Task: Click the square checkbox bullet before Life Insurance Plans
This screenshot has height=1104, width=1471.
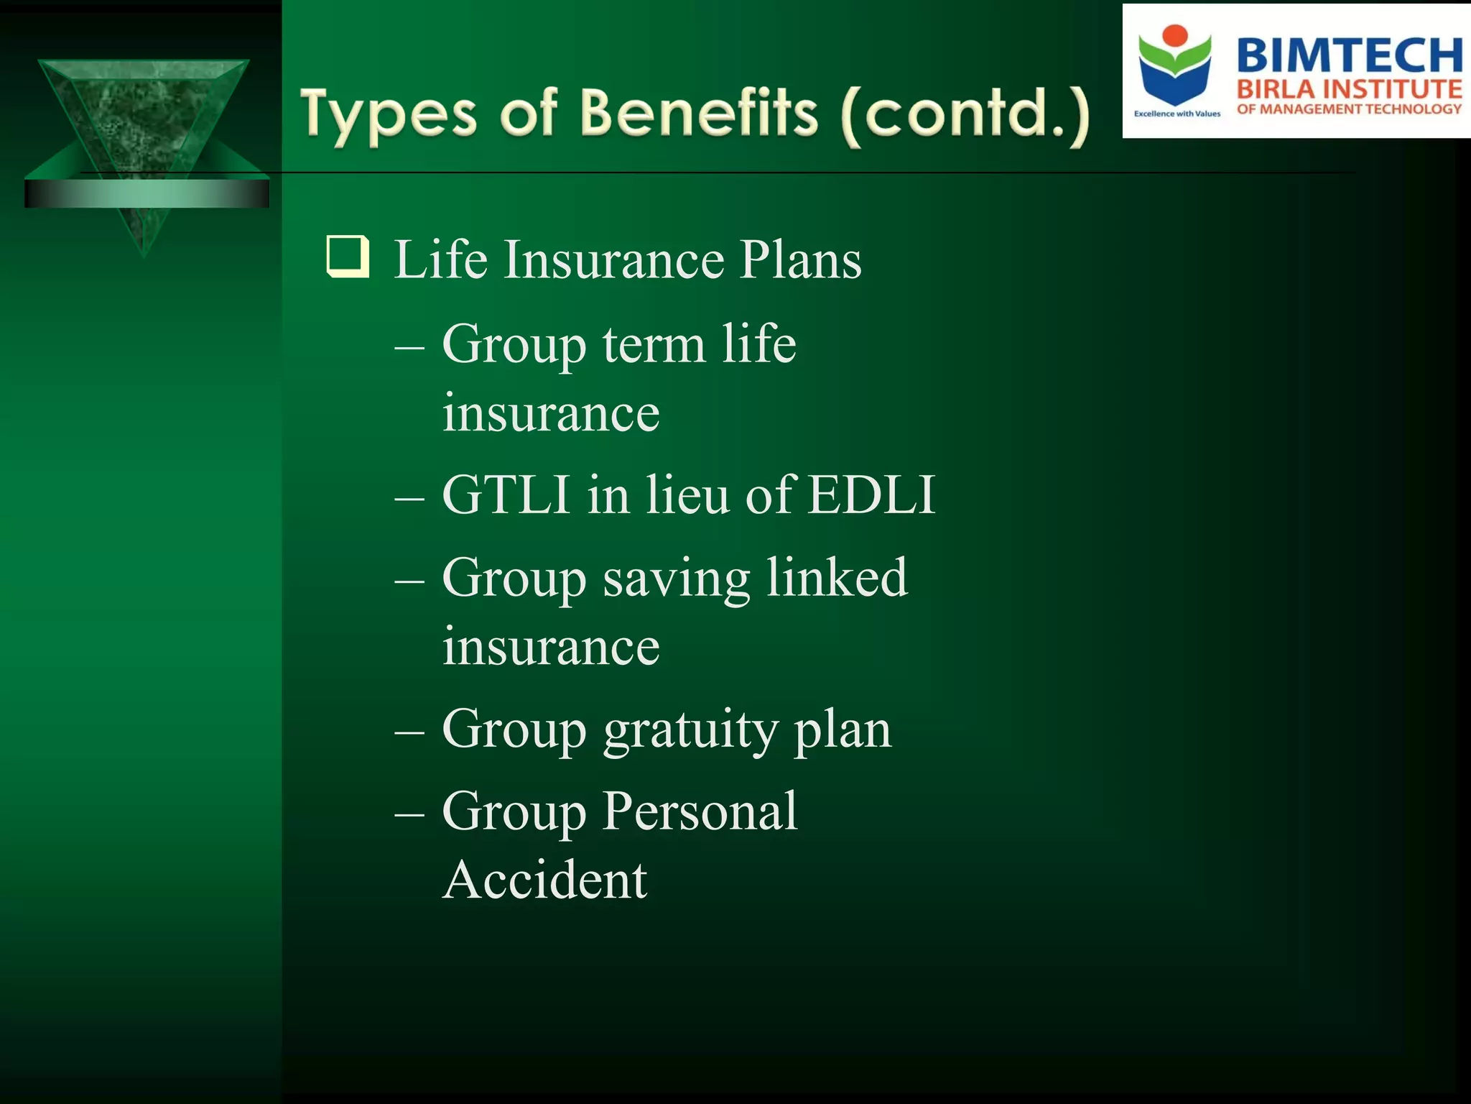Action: (x=348, y=257)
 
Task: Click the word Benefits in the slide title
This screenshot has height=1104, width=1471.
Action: (x=699, y=114)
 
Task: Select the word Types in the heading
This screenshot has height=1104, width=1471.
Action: (x=389, y=115)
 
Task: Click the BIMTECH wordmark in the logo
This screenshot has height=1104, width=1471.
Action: (x=1349, y=55)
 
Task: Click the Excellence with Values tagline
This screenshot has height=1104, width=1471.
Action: (x=1177, y=114)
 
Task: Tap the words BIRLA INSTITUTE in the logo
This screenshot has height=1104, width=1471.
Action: (x=1349, y=89)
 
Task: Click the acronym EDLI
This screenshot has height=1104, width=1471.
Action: (x=871, y=494)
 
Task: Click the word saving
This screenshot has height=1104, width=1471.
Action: (x=676, y=579)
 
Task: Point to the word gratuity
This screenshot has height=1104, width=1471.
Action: (x=690, y=730)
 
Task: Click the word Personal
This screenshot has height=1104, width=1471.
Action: (x=700, y=811)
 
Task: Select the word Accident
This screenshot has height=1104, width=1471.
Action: (x=544, y=880)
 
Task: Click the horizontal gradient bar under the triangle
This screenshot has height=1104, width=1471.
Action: (x=147, y=194)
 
